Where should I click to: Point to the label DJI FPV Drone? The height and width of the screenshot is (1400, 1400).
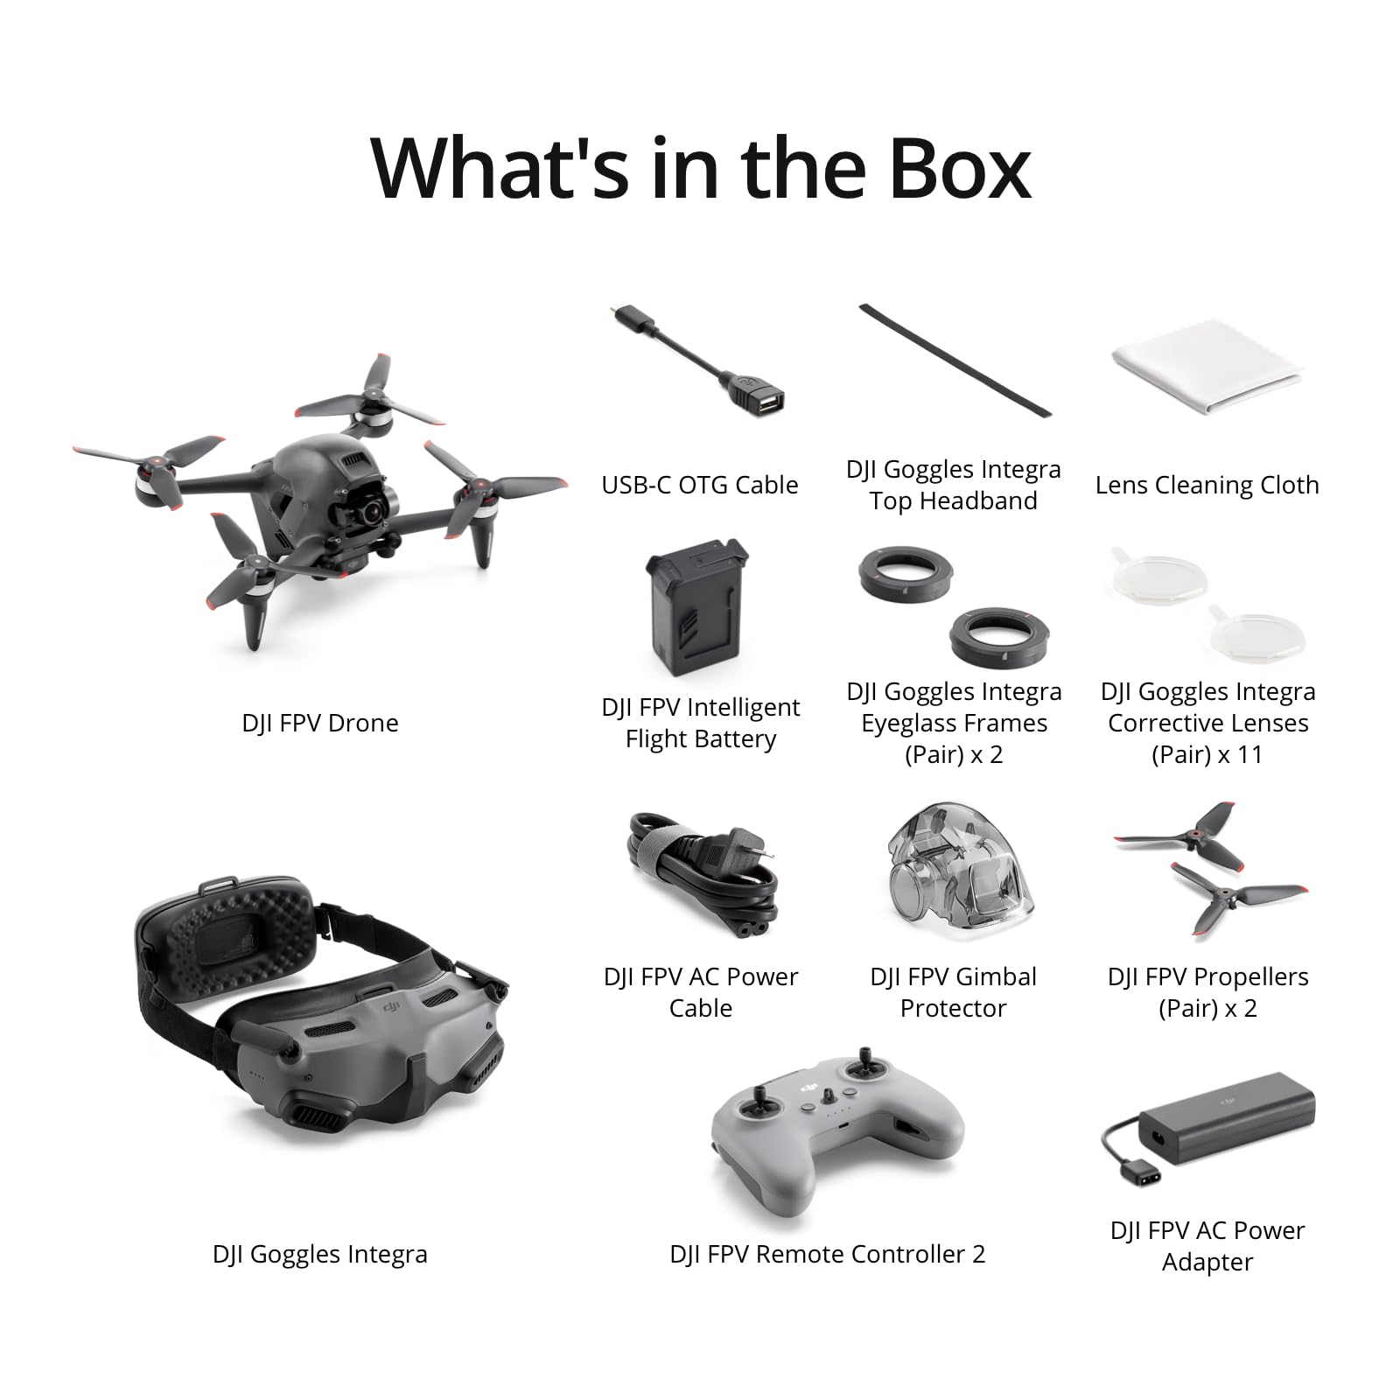point(320,723)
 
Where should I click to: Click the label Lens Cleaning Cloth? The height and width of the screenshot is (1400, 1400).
point(1207,485)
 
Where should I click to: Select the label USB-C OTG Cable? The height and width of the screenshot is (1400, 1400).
point(699,485)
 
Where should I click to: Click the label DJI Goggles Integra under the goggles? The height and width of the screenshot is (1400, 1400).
point(320,1254)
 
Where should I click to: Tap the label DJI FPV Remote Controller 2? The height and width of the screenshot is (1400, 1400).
point(827,1254)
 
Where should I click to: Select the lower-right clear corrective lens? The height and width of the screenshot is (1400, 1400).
point(1256,632)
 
